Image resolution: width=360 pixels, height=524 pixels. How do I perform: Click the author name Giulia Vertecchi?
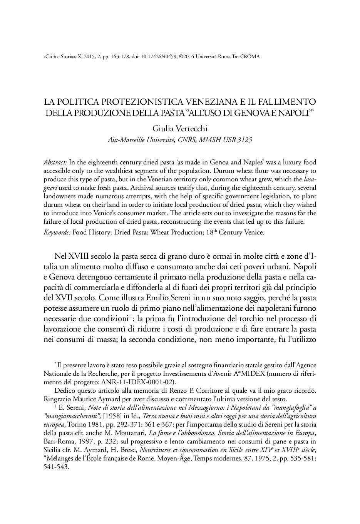point(179,128)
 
